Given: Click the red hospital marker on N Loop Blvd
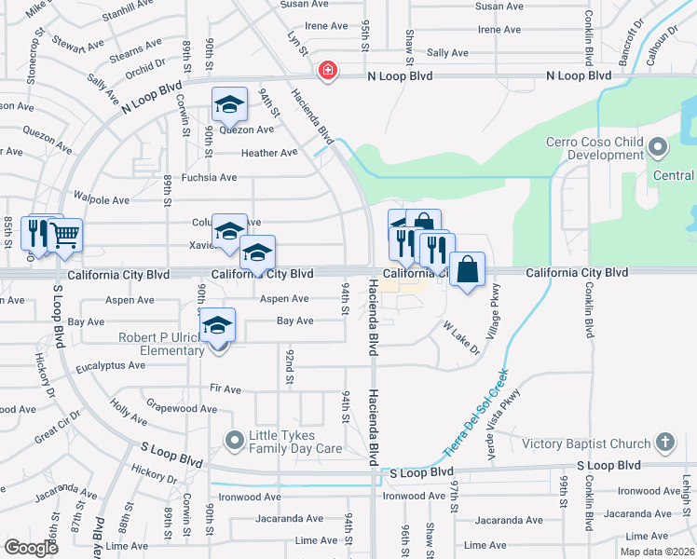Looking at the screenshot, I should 327,70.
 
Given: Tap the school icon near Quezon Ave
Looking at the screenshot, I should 228,106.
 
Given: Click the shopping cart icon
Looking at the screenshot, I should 64,237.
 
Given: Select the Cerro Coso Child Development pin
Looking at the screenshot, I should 658,147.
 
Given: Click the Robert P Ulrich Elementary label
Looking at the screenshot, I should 161,344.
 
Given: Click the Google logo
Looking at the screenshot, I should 31,547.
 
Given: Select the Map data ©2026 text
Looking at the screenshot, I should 658,550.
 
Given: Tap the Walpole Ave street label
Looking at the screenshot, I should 102,200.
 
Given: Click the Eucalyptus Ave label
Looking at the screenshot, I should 111,366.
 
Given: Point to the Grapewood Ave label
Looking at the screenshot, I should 182,408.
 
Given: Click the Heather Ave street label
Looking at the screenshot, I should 269,153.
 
